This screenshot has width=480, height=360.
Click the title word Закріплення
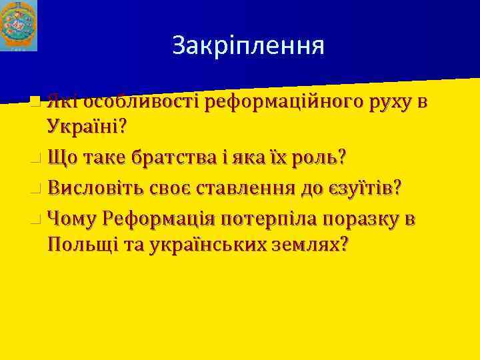[x=248, y=45]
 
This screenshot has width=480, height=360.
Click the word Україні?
[x=88, y=127]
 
